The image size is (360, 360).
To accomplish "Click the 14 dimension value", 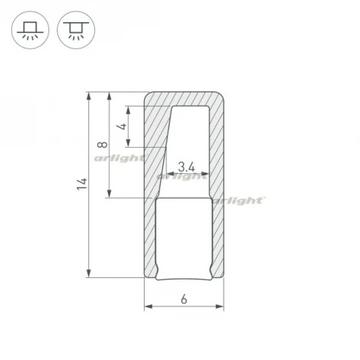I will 82,185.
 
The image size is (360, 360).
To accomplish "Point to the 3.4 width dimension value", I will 185,165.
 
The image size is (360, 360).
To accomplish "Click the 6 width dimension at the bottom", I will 185,299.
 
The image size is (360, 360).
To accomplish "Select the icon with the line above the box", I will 74,30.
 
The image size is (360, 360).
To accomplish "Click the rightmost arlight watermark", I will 240,199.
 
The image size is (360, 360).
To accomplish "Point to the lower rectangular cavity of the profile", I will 184,237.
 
